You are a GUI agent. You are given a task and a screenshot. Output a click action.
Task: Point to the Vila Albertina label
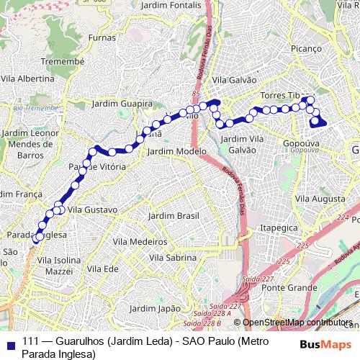click(x=28, y=78)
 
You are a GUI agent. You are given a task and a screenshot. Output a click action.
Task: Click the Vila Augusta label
click(x=316, y=197)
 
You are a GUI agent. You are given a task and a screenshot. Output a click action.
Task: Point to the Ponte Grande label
click(x=285, y=287)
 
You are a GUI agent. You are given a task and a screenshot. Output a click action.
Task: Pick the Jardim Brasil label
click(x=172, y=216)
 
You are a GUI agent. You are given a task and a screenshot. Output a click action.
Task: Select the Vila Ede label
click(x=102, y=269)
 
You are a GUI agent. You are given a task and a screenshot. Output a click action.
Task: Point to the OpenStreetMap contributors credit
click(x=298, y=323)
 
